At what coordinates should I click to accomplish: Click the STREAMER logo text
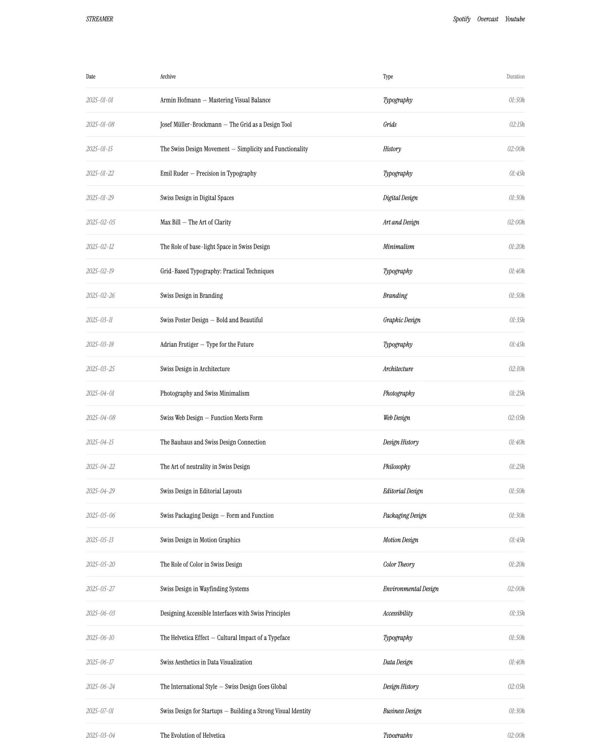[x=99, y=19]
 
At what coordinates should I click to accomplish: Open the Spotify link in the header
[x=461, y=19]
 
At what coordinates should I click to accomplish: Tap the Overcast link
[x=488, y=19]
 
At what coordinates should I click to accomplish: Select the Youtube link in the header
[x=515, y=19]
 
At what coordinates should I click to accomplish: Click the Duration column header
[x=515, y=76]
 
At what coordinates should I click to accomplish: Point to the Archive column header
[x=168, y=76]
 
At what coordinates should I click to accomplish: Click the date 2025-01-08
[x=100, y=124]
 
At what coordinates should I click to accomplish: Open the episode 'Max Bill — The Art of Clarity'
[x=196, y=222]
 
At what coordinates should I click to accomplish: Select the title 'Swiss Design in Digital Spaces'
[x=197, y=198]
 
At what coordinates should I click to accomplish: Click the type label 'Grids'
[x=390, y=124]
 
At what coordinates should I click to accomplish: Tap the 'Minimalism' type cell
[x=398, y=247]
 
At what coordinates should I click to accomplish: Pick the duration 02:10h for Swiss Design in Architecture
[x=516, y=369]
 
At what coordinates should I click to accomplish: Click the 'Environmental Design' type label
[x=410, y=589]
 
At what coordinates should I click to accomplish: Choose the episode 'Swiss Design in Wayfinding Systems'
[x=205, y=589]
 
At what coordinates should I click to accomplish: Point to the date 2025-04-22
[x=100, y=466]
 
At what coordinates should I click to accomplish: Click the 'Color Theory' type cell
[x=399, y=564]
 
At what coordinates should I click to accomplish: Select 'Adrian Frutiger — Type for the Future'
[x=207, y=345]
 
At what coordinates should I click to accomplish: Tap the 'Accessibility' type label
[x=398, y=613]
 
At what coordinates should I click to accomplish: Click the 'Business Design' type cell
[x=402, y=711]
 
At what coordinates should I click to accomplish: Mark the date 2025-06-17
[x=100, y=662]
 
